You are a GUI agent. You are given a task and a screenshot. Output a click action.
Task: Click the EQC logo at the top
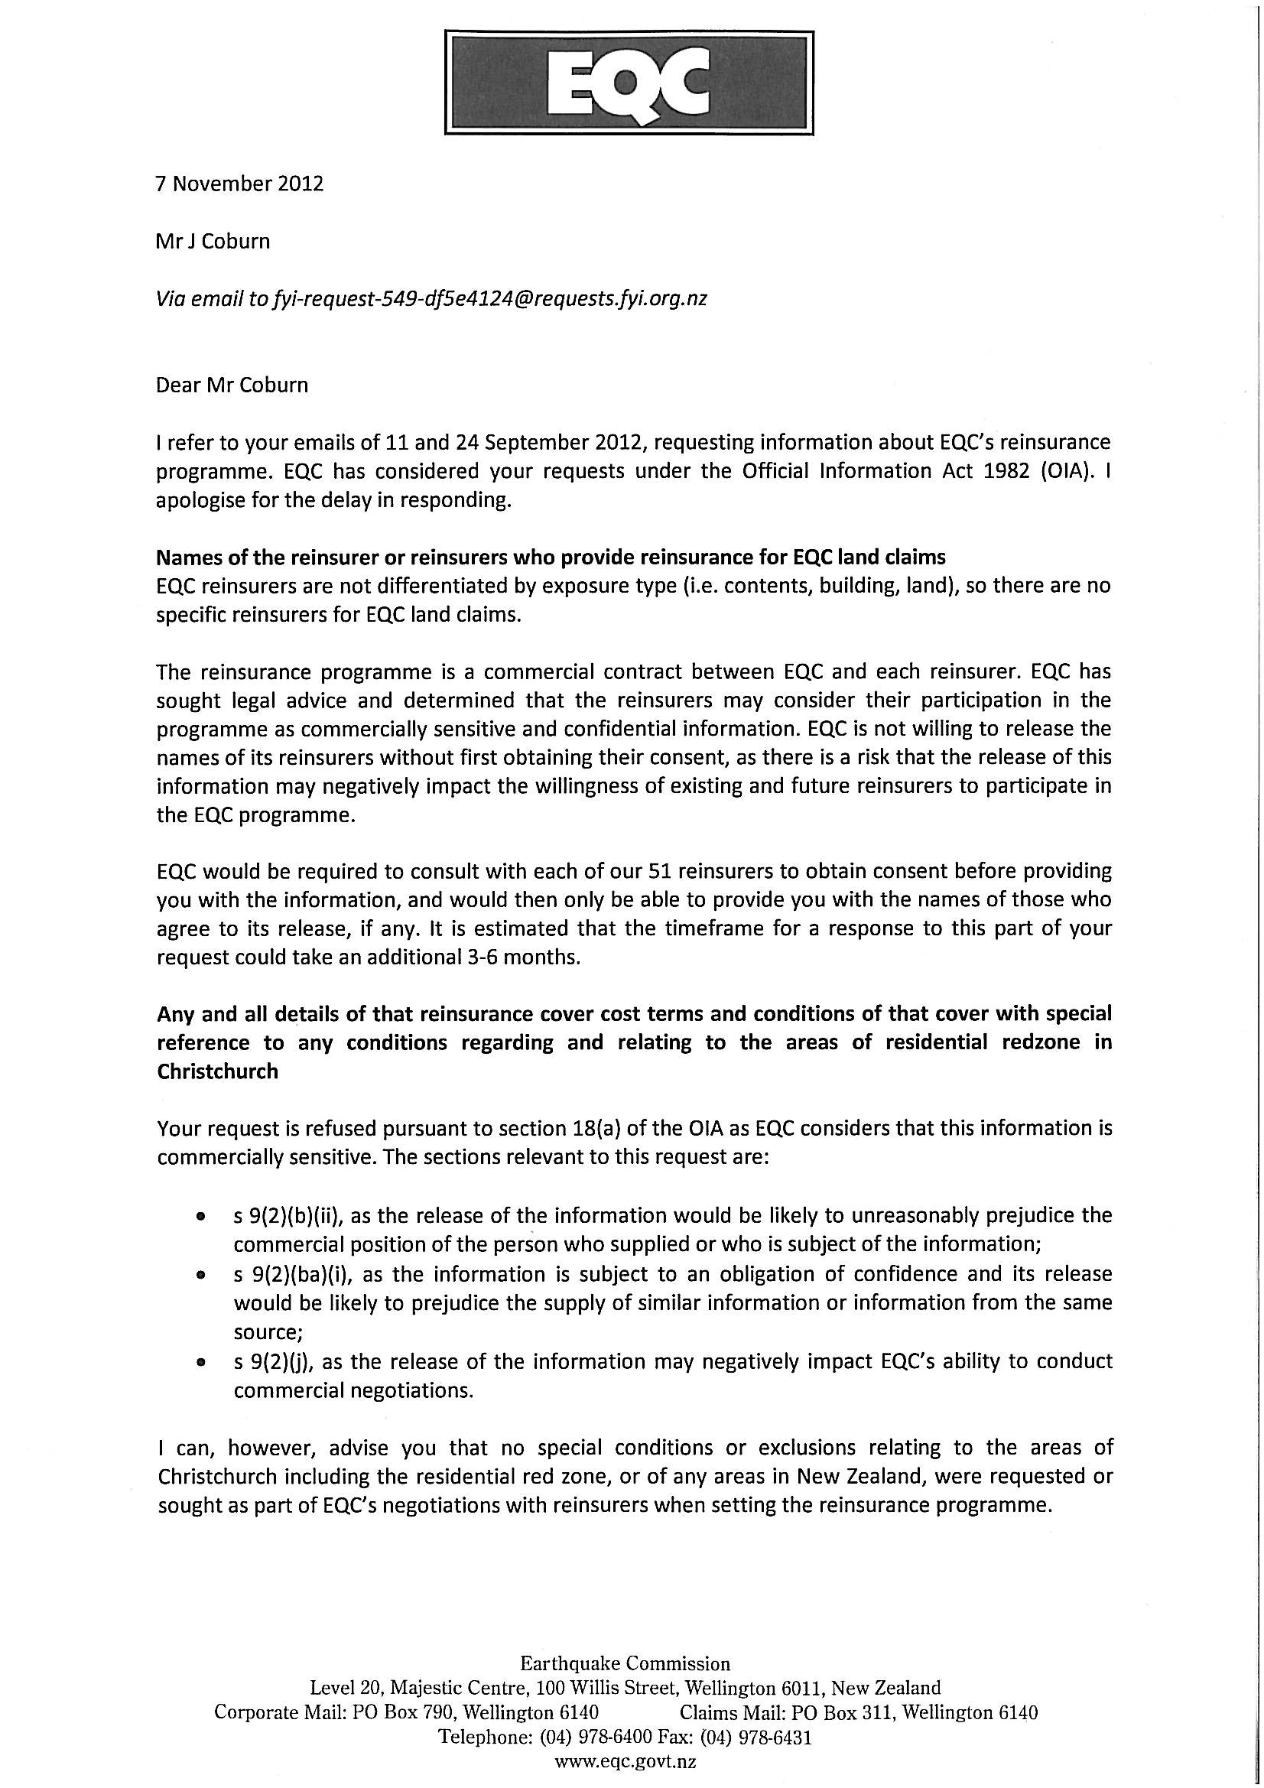click(629, 83)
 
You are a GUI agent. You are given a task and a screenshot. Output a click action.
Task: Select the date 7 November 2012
click(240, 184)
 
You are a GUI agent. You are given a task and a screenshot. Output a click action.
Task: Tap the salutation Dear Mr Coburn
click(232, 385)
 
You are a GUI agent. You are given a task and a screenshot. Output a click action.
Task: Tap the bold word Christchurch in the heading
click(217, 1071)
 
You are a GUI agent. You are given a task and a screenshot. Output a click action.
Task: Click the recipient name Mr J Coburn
click(213, 242)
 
